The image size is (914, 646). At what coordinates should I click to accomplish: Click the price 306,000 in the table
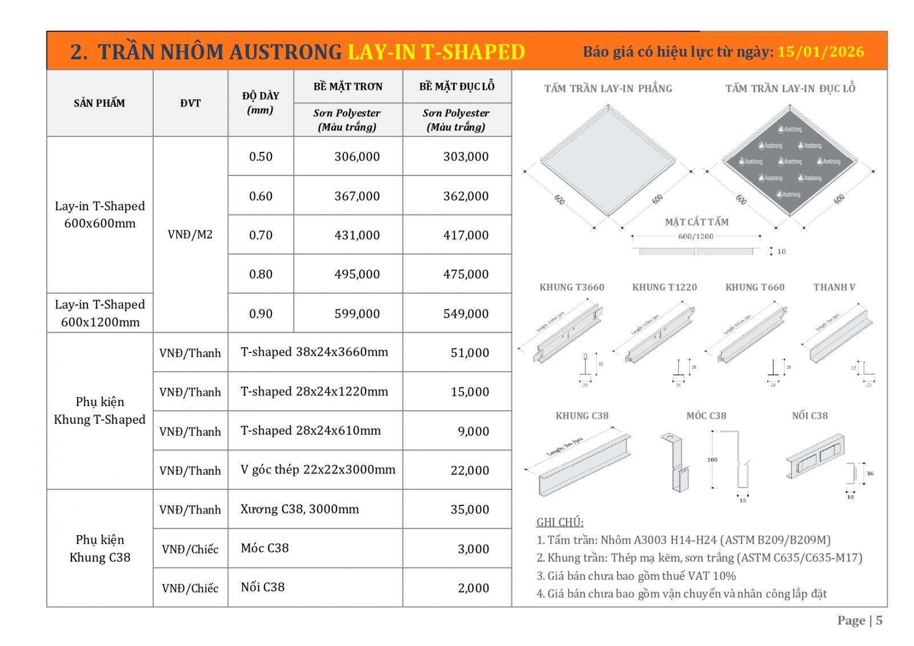coord(356,157)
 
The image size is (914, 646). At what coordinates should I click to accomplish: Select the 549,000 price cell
coord(466,314)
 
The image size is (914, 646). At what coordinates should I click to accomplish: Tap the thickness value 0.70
coord(260,235)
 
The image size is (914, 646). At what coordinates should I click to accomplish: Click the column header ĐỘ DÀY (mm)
coord(260,103)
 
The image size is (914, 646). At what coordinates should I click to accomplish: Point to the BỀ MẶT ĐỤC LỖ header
coord(456,86)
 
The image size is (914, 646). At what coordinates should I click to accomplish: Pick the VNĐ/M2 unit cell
coord(190,234)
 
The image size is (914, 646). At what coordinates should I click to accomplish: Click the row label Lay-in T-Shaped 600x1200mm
coord(100,313)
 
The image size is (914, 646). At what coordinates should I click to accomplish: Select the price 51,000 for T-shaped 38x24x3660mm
coord(470,353)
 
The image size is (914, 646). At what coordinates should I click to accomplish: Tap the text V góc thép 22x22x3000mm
coord(318,470)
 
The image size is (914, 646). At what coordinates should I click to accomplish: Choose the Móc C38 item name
coord(264,548)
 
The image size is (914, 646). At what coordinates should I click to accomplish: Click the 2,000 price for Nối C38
coord(473,588)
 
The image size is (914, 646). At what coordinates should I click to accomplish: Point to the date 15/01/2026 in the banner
coord(820,52)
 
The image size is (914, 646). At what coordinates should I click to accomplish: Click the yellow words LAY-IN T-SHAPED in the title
coord(436,52)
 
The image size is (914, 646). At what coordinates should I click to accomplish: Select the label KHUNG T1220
coord(664,287)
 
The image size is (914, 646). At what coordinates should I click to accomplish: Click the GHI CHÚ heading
coord(559,522)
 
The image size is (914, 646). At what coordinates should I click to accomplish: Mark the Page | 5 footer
coord(859,620)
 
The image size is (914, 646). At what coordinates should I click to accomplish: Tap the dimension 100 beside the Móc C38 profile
coord(712,459)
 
